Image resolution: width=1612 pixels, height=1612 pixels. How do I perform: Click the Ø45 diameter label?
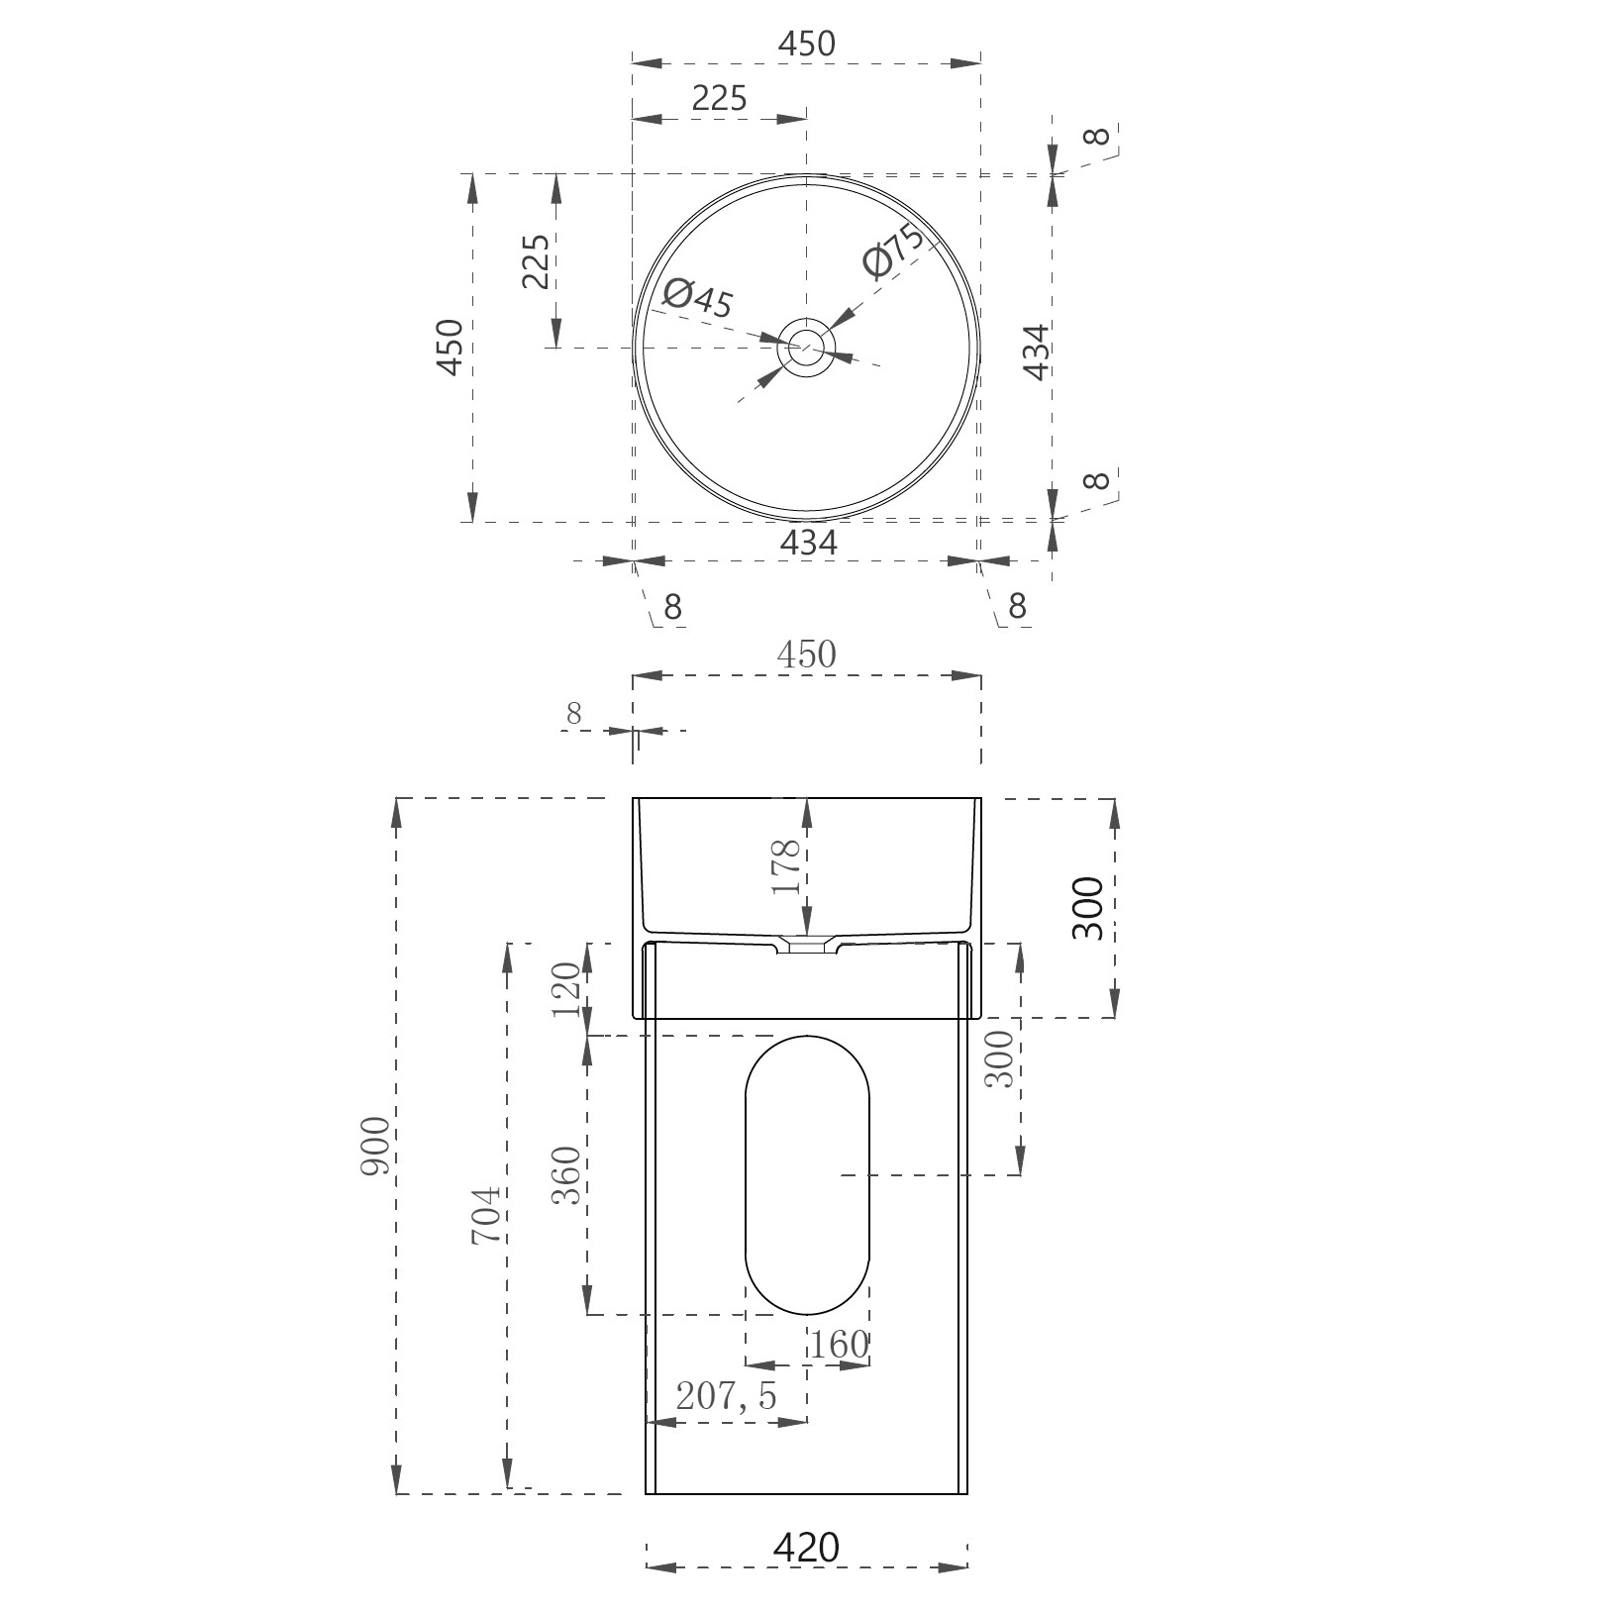[x=698, y=297]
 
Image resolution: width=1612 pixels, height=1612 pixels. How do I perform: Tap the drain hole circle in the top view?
[x=807, y=348]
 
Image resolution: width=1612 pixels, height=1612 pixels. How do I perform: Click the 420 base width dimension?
[x=806, y=1548]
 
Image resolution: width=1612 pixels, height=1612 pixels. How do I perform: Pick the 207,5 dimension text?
[x=726, y=1396]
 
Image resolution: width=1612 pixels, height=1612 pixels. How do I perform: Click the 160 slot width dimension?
[x=840, y=1345]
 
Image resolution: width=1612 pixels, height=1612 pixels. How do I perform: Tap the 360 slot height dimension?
[x=566, y=1175]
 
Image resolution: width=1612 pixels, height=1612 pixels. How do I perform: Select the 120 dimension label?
[x=566, y=989]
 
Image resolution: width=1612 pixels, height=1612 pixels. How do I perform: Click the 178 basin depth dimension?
[x=787, y=867]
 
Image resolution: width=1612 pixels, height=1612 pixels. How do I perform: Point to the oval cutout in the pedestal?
[x=807, y=1175]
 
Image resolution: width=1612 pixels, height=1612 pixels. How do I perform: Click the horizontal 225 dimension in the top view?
[x=719, y=98]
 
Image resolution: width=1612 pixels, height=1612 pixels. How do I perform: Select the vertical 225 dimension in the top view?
[x=536, y=261]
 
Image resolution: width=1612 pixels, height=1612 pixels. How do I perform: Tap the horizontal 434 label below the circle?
[x=808, y=542]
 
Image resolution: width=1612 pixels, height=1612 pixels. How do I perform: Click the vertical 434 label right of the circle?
[x=1036, y=353]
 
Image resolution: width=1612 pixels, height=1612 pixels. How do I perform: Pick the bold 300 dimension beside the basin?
[x=1088, y=908]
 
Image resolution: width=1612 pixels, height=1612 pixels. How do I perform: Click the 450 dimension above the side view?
[x=806, y=655]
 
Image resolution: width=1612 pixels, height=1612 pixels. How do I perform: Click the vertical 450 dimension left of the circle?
[x=450, y=347]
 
